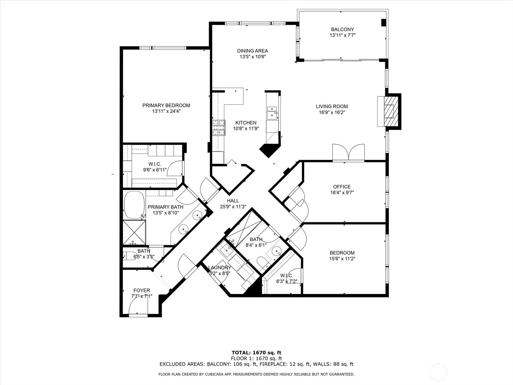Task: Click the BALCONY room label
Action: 342,30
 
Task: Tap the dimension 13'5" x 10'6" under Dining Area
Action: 253,56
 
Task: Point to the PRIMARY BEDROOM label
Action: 166,106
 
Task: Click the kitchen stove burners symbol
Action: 219,128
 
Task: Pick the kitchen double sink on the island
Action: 272,112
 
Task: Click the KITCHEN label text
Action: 246,123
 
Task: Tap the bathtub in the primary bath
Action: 134,205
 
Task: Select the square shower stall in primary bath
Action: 134,232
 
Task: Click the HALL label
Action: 233,201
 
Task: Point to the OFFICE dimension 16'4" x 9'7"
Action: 342,193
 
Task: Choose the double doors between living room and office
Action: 349,152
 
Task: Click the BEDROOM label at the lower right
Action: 342,253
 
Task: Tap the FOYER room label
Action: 142,291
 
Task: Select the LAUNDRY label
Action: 219,268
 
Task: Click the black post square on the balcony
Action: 384,22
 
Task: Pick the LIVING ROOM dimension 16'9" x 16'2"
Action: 332,112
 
